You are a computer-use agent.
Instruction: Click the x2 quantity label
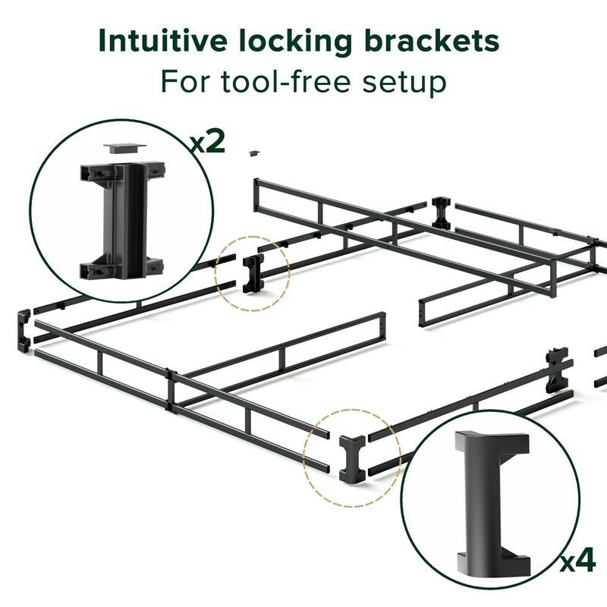click(206, 142)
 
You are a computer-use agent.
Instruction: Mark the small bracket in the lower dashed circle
click(351, 459)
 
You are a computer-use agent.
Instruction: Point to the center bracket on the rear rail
click(441, 213)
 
